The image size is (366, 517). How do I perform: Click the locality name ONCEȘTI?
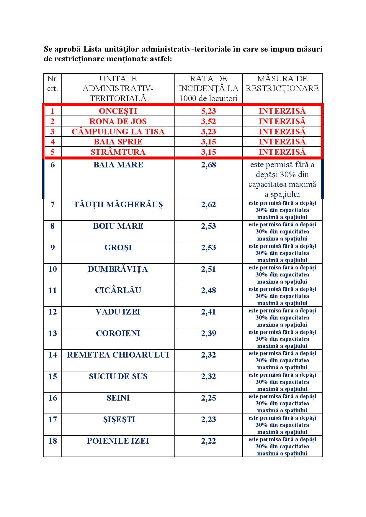[118, 111]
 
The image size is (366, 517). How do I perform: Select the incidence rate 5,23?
[208, 111]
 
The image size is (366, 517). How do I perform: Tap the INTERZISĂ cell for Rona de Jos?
[282, 121]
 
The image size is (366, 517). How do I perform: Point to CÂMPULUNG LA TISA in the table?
[118, 131]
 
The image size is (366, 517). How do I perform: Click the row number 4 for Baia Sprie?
[53, 142]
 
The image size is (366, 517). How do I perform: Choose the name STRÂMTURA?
[118, 152]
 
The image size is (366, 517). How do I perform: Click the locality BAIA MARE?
[118, 165]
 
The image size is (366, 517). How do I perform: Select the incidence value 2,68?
[208, 165]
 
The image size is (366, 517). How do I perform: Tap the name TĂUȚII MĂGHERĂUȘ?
[118, 205]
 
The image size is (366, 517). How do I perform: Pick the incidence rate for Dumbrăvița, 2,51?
[208, 269]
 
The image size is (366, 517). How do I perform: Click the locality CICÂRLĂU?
[118, 290]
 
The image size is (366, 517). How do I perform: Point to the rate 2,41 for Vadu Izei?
[208, 312]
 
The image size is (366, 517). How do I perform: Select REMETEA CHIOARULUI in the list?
[118, 355]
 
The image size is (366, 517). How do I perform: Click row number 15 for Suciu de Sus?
[53, 376]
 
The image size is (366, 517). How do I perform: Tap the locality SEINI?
[118, 398]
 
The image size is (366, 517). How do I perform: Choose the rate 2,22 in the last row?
[208, 441]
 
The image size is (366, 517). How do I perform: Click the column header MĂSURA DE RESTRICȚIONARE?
[282, 83]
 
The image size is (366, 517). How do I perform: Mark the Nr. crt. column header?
[53, 83]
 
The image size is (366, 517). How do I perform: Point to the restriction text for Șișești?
[282, 425]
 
